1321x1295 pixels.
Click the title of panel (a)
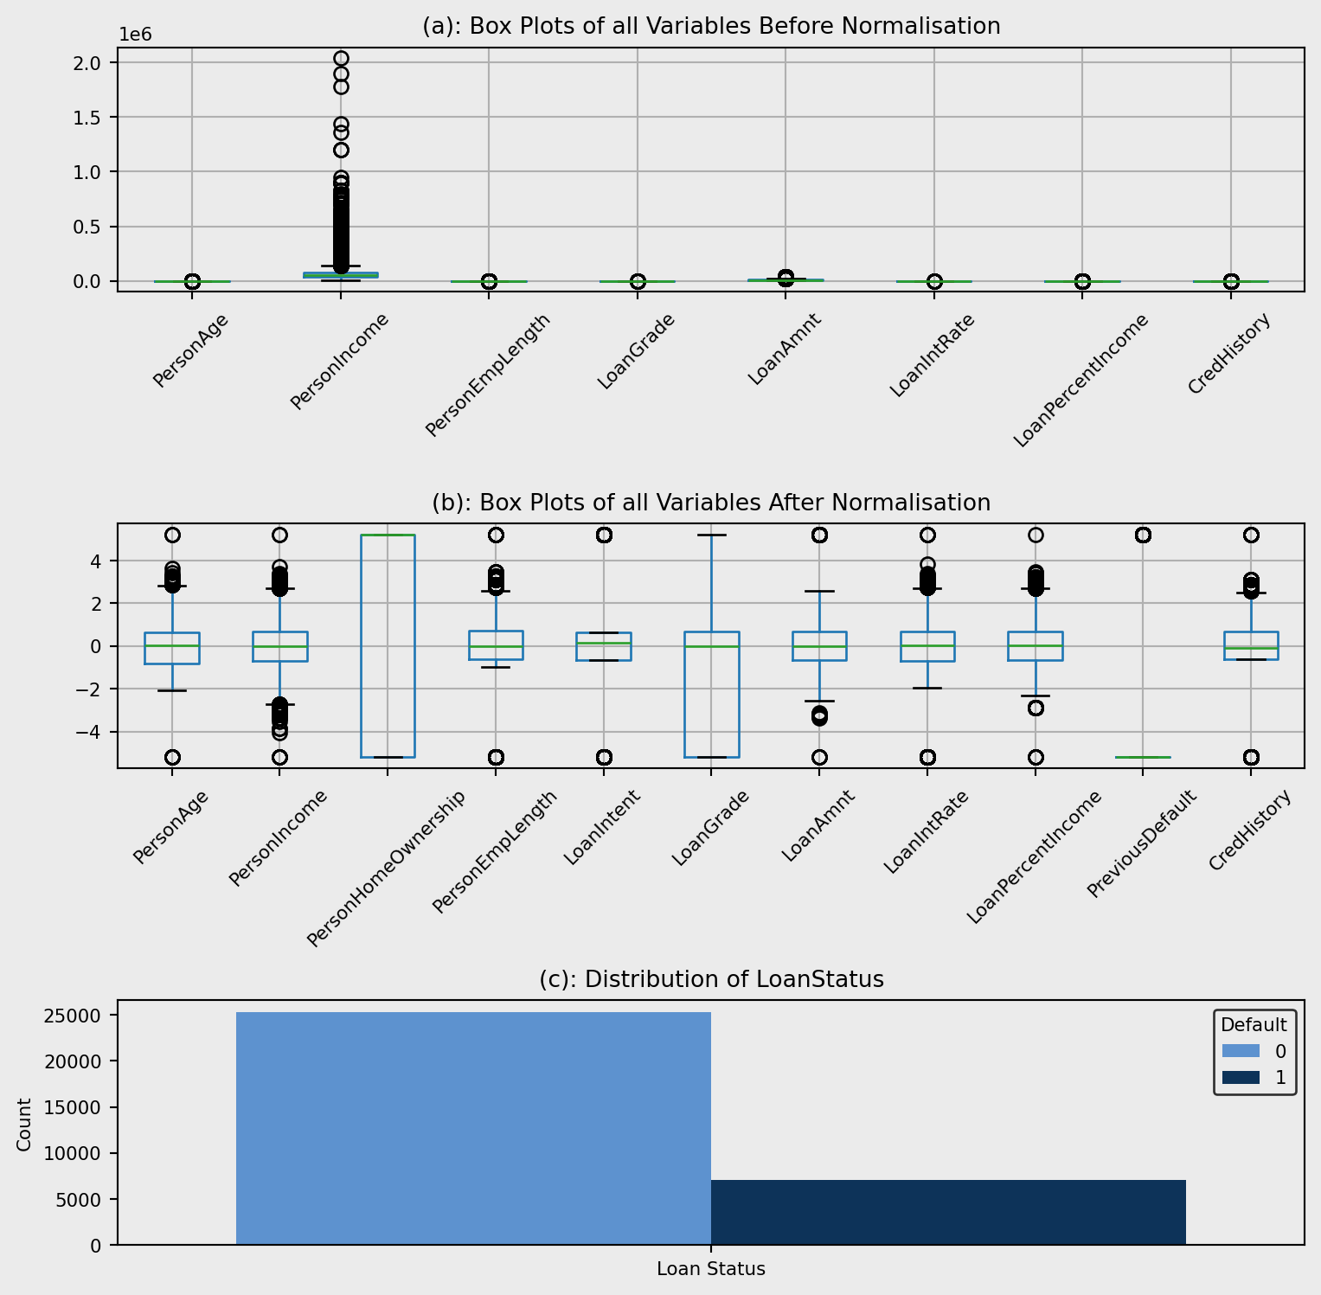click(710, 26)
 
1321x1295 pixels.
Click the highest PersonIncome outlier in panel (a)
click(341, 58)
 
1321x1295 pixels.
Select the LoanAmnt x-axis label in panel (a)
click(784, 349)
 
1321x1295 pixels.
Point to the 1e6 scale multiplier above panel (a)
click(135, 35)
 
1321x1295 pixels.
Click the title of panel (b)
click(710, 503)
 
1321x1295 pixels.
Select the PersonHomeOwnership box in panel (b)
click(387, 645)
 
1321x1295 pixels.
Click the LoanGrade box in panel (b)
click(711, 692)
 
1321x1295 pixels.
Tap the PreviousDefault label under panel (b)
click(1141, 844)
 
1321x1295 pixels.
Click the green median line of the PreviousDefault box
click(1142, 757)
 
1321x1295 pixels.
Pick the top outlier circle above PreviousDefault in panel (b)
click(1143, 535)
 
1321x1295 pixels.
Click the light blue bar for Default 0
click(473, 1128)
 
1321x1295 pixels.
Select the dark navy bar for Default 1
click(948, 1212)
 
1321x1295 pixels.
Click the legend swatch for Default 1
click(1241, 1078)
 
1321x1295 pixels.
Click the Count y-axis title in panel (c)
click(24, 1125)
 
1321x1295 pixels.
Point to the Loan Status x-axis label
click(710, 1270)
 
